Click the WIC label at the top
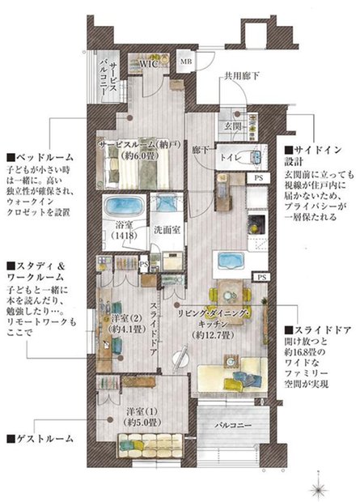pyautogui.click(x=150, y=62)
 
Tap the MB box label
pyautogui.click(x=186, y=61)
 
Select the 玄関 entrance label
pyautogui.click(x=232, y=126)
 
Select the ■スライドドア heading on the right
pyautogui.click(x=317, y=330)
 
